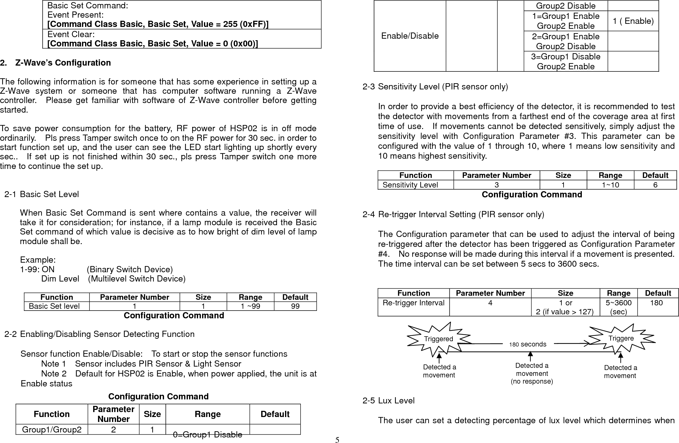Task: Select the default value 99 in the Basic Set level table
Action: (x=295, y=306)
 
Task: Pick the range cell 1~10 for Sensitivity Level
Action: (x=610, y=185)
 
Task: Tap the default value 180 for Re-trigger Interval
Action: (x=656, y=303)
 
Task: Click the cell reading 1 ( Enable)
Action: (x=633, y=21)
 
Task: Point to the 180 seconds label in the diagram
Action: (x=528, y=344)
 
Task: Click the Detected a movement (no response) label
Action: (x=531, y=373)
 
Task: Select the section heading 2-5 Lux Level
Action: (x=388, y=401)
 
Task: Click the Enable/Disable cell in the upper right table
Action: (x=409, y=36)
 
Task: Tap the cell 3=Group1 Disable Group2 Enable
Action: (x=565, y=61)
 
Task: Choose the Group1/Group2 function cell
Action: (x=52, y=429)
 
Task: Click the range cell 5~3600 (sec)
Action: (x=618, y=307)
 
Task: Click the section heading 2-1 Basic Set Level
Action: (x=42, y=194)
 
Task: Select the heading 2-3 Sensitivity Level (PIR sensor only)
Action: (x=435, y=87)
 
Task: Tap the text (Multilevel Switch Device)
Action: (x=137, y=279)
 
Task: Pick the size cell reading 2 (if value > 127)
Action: (x=564, y=312)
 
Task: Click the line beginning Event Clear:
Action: (x=71, y=34)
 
